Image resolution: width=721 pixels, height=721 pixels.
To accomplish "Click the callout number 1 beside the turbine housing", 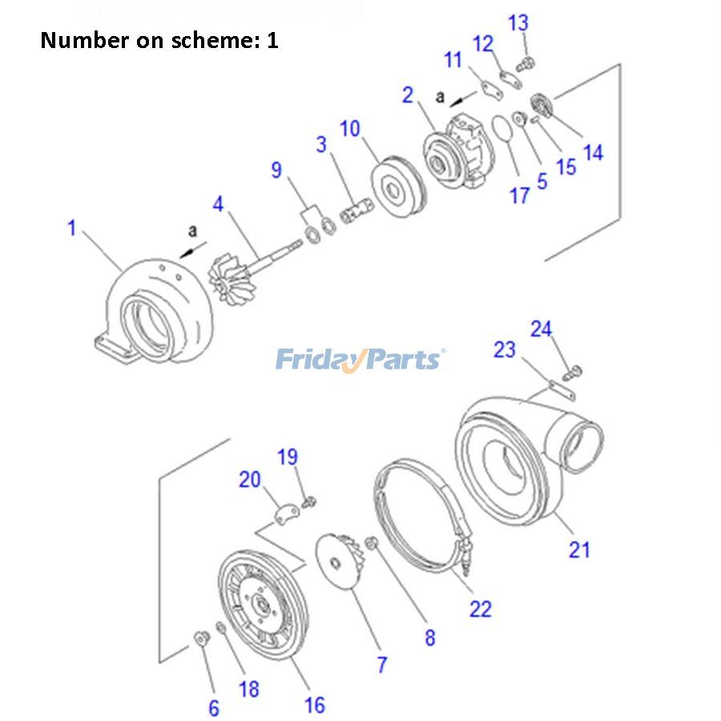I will (x=71, y=228).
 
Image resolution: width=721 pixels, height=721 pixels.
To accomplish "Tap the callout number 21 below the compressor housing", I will (x=578, y=549).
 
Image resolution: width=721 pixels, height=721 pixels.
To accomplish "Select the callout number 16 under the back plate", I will (x=315, y=704).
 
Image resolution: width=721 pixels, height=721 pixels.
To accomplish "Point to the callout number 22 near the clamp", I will (x=480, y=609).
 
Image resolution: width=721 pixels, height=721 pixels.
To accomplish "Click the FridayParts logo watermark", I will (x=360, y=359).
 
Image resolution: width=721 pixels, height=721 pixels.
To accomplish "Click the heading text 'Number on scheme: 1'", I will (x=159, y=40).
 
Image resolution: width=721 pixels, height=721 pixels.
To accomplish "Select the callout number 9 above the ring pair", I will (x=276, y=170).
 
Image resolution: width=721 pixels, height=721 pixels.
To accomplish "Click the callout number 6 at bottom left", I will (x=214, y=707).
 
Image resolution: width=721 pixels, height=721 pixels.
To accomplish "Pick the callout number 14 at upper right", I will (x=593, y=151).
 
